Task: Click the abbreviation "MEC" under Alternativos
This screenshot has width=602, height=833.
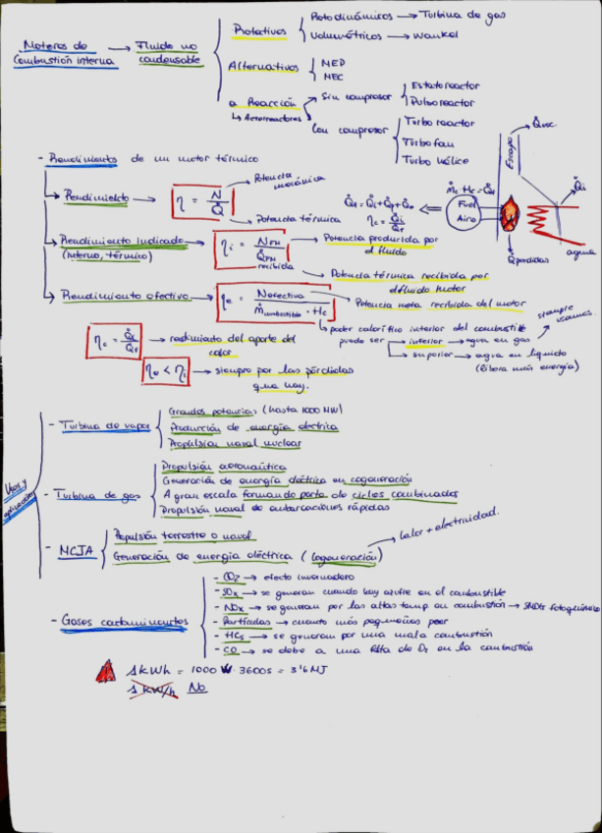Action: click(334, 76)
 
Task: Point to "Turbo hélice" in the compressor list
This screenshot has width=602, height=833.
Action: click(436, 159)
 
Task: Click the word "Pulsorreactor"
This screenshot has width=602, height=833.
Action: click(443, 101)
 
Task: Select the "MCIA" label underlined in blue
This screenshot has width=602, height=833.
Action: click(77, 552)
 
